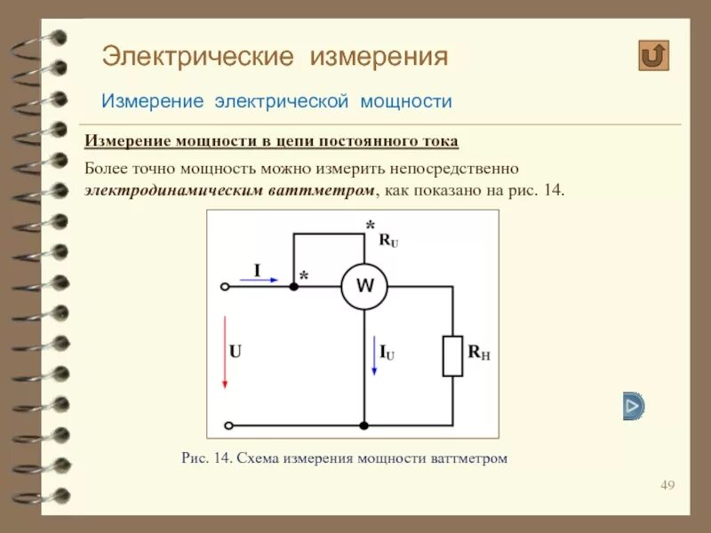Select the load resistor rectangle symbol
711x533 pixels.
453,355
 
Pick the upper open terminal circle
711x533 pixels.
226,286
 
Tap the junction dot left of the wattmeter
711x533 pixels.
292,286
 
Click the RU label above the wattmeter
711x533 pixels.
388,240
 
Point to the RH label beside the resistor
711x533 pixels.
479,353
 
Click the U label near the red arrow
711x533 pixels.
236,351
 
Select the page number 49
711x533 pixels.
668,485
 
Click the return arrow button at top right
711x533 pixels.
653,55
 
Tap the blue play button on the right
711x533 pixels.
633,406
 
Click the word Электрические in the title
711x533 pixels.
197,58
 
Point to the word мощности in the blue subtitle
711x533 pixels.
405,102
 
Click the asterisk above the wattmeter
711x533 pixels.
371,227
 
